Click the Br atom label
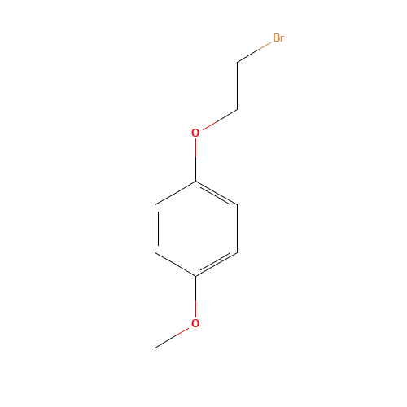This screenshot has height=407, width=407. click(278, 38)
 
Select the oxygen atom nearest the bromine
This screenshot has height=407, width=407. click(195, 133)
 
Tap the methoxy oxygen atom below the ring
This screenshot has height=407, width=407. click(195, 324)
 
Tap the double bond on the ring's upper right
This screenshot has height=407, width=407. click(217, 193)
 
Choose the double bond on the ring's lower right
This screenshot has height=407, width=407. click(217, 265)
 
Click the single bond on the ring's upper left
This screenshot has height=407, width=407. click(175, 193)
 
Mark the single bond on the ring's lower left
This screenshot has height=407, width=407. click(175, 265)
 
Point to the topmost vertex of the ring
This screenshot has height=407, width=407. click(195, 181)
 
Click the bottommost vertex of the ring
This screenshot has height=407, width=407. click(195, 277)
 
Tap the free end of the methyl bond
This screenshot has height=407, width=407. click(155, 348)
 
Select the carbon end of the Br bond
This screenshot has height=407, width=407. click(238, 62)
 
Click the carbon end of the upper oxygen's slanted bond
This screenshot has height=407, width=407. click(237, 108)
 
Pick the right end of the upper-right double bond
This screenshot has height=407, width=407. click(238, 204)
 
